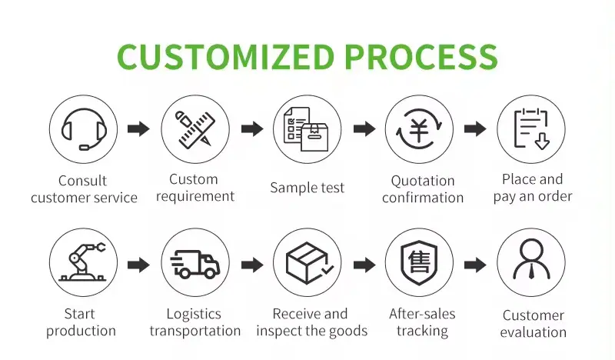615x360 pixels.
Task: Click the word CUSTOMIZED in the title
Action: [225, 56]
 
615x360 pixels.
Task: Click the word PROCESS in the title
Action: [421, 56]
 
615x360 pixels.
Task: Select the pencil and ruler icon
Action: [195, 129]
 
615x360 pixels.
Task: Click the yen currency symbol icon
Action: [419, 129]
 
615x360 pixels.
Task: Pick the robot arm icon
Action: [83, 262]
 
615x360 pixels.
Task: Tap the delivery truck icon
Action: [195, 264]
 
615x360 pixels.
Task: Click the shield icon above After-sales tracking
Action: [419, 262]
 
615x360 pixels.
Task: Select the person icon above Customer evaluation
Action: [531, 259]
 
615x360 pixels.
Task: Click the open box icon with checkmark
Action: [309, 262]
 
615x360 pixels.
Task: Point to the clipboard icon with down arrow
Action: [531, 128]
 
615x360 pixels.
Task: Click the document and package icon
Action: [306, 129]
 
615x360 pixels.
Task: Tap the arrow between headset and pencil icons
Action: [139, 128]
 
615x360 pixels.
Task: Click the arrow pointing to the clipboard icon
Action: [475, 128]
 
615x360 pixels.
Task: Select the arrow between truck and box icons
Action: [252, 265]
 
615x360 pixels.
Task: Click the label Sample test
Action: [307, 188]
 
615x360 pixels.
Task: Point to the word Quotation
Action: [423, 181]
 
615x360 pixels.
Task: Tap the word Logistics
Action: [194, 314]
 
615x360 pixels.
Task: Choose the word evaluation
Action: [533, 332]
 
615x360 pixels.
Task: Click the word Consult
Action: [82, 181]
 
